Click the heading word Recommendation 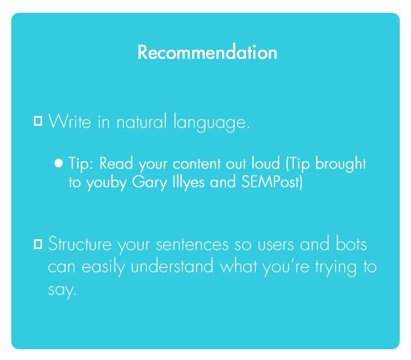pos(208,52)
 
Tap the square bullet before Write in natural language pos(38,121)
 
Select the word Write pos(70,121)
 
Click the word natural pos(142,122)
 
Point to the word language pos(212,123)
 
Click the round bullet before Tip pos(59,163)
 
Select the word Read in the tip pos(116,163)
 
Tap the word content pos(197,164)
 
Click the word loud pos(266,163)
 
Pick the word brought pos(341,163)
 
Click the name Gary pos(150,182)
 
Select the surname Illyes pos(189,182)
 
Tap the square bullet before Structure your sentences pos(38,244)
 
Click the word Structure pos(80,244)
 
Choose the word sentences pos(192,245)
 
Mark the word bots pos(351,243)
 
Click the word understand pos(172,266)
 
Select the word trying pos(335,267)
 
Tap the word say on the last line pos(62,290)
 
